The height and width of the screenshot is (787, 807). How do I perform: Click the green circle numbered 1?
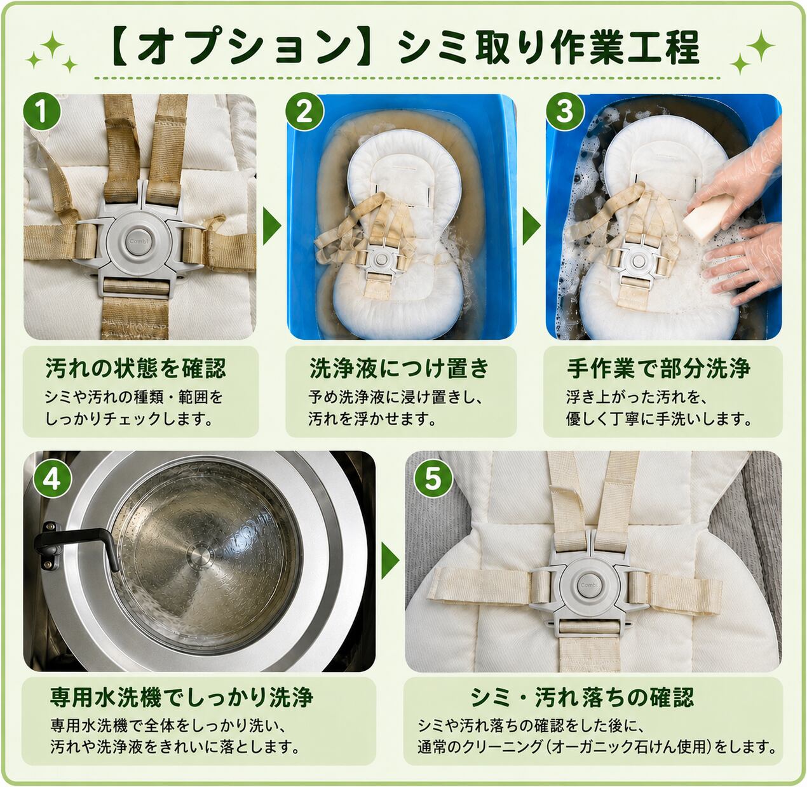pyautogui.click(x=42, y=112)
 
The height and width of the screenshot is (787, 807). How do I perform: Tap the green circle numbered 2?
pyautogui.click(x=304, y=112)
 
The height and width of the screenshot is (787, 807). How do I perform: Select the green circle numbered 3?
pyautogui.click(x=564, y=112)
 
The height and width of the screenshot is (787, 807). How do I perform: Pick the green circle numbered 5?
pyautogui.click(x=433, y=479)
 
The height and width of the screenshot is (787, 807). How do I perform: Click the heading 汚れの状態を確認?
pyautogui.click(x=135, y=368)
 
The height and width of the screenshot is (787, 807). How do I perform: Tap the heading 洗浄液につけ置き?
pyautogui.click(x=400, y=368)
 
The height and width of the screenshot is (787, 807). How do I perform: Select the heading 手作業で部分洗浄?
pyautogui.click(x=658, y=368)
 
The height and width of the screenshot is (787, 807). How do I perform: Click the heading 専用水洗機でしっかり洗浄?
pyautogui.click(x=182, y=697)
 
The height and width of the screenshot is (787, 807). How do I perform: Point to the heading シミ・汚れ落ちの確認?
pyautogui.click(x=582, y=697)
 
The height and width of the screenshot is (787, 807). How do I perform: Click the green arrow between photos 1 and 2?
pyautogui.click(x=271, y=226)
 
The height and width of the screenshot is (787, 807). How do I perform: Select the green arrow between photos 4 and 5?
pyautogui.click(x=390, y=561)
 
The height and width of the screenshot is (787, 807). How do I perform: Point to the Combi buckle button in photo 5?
pyautogui.click(x=589, y=584)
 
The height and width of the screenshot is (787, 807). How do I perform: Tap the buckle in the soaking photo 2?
pyautogui.click(x=379, y=260)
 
